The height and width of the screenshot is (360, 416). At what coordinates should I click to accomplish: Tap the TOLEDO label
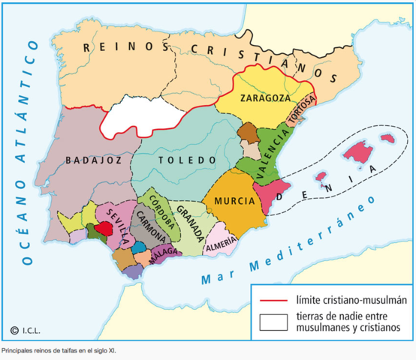click(x=177, y=159)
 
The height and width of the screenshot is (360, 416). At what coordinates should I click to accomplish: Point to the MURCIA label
click(x=232, y=202)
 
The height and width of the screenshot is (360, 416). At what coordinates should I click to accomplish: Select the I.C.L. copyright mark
click(x=26, y=329)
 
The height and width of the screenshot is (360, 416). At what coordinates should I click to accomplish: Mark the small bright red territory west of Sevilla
click(x=103, y=228)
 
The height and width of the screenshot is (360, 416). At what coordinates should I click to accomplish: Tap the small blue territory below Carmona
click(x=140, y=247)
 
